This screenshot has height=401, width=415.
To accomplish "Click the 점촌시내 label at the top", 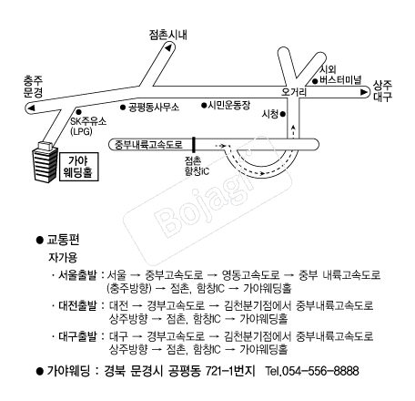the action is (167, 35).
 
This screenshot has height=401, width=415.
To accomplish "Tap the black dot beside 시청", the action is (283, 114).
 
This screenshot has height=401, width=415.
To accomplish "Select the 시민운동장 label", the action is (229, 105).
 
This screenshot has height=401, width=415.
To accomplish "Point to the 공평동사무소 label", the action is (154, 107).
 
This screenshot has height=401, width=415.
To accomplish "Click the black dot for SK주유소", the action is (78, 112).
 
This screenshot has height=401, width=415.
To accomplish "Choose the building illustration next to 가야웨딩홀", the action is (46, 161).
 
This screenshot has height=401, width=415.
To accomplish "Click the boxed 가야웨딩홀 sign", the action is (79, 167).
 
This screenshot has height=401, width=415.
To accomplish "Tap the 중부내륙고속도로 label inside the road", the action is (148, 144).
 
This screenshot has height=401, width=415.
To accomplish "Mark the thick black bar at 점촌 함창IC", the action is (194, 145).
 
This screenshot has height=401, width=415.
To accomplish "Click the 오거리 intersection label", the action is (294, 92).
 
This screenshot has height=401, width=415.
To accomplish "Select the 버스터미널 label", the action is (340, 80).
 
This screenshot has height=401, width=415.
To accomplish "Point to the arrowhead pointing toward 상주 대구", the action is (364, 92).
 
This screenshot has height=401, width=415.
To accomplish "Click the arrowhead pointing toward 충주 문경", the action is (31, 108).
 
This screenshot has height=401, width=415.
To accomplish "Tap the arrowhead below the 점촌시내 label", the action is (168, 47).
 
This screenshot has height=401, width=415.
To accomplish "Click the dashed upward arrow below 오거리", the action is (293, 131).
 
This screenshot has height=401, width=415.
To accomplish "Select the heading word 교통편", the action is (63, 240).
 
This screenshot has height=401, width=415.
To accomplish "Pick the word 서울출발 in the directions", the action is (77, 275).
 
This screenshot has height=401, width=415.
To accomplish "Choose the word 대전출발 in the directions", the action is (77, 305).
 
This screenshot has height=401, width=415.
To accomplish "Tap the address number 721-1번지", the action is (230, 371).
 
